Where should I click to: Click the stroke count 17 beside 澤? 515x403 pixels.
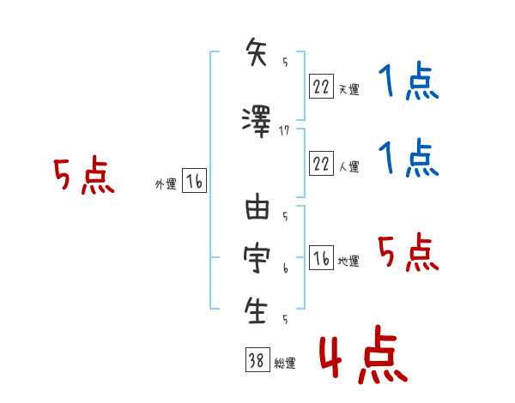(286, 130)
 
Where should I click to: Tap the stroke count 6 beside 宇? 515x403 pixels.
(285, 268)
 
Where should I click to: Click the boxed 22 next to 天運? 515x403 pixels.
(320, 85)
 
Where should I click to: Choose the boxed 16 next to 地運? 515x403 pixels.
(320, 258)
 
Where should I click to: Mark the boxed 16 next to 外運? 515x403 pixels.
(194, 181)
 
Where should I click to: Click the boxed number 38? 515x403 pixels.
(256, 360)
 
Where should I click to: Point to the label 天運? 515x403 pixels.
(348, 88)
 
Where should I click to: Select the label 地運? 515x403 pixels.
(348, 261)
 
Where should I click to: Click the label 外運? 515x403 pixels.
(165, 183)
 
